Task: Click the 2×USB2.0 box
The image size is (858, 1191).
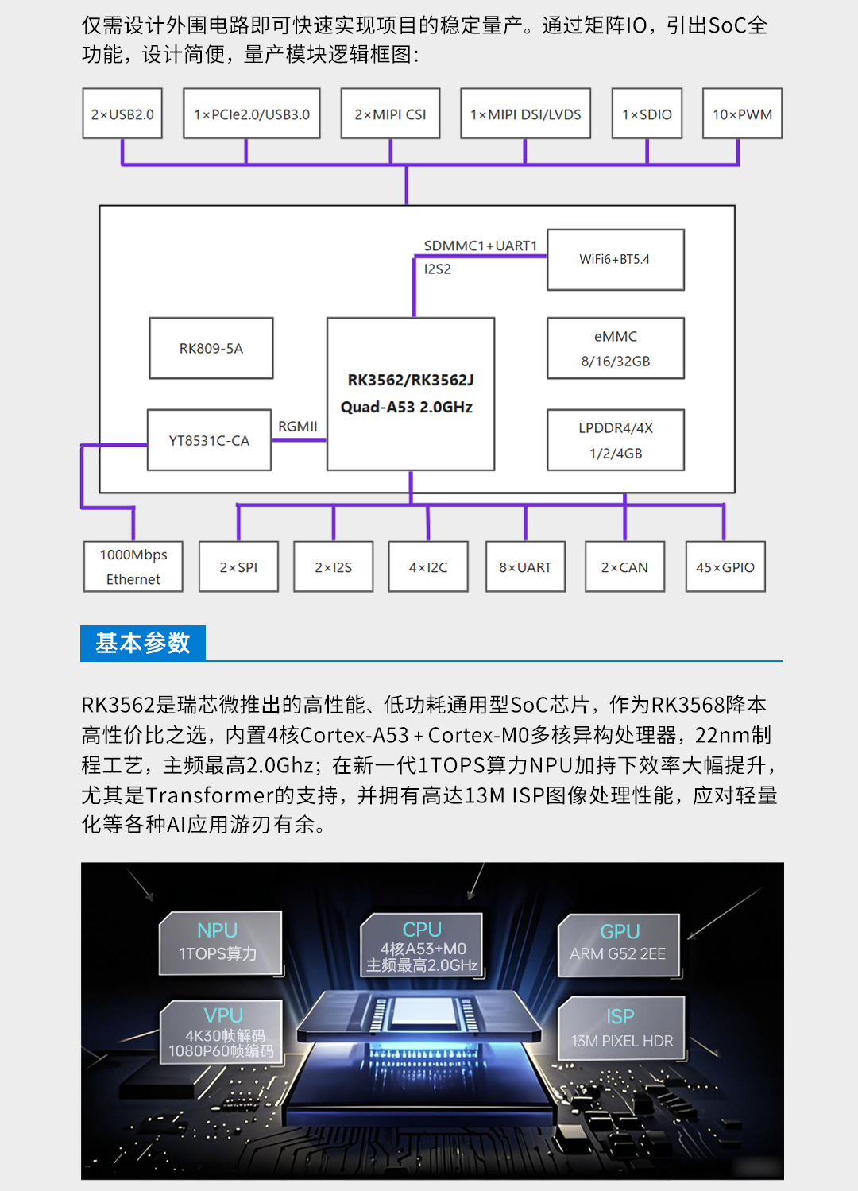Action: [x=122, y=114]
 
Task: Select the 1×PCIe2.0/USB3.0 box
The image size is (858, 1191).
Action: [x=252, y=114]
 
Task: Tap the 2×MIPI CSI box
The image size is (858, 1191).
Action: [x=390, y=114]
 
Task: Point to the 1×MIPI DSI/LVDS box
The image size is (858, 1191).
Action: [x=526, y=114]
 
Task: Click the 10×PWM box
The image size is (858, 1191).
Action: [x=743, y=114]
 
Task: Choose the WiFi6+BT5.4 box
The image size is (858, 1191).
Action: [x=616, y=260]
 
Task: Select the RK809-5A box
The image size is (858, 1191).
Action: [x=211, y=348]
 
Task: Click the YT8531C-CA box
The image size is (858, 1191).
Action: [x=210, y=440]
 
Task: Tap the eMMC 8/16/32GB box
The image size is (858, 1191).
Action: [x=616, y=348]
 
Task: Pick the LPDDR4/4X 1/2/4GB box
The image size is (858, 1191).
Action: [x=616, y=440]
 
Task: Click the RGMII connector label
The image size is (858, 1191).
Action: [x=298, y=427]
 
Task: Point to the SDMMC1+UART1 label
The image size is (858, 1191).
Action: [x=481, y=246]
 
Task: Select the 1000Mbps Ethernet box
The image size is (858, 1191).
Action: [x=133, y=566]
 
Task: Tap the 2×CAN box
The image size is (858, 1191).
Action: [x=625, y=566]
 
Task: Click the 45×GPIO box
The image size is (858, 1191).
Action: [x=725, y=566]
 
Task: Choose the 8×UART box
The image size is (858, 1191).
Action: [x=525, y=566]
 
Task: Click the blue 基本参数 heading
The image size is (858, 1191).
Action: [x=143, y=643]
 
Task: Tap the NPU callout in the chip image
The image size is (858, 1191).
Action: [x=219, y=942]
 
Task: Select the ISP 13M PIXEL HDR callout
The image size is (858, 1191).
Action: [x=621, y=1028]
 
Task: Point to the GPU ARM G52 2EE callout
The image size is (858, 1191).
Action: [x=619, y=945]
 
